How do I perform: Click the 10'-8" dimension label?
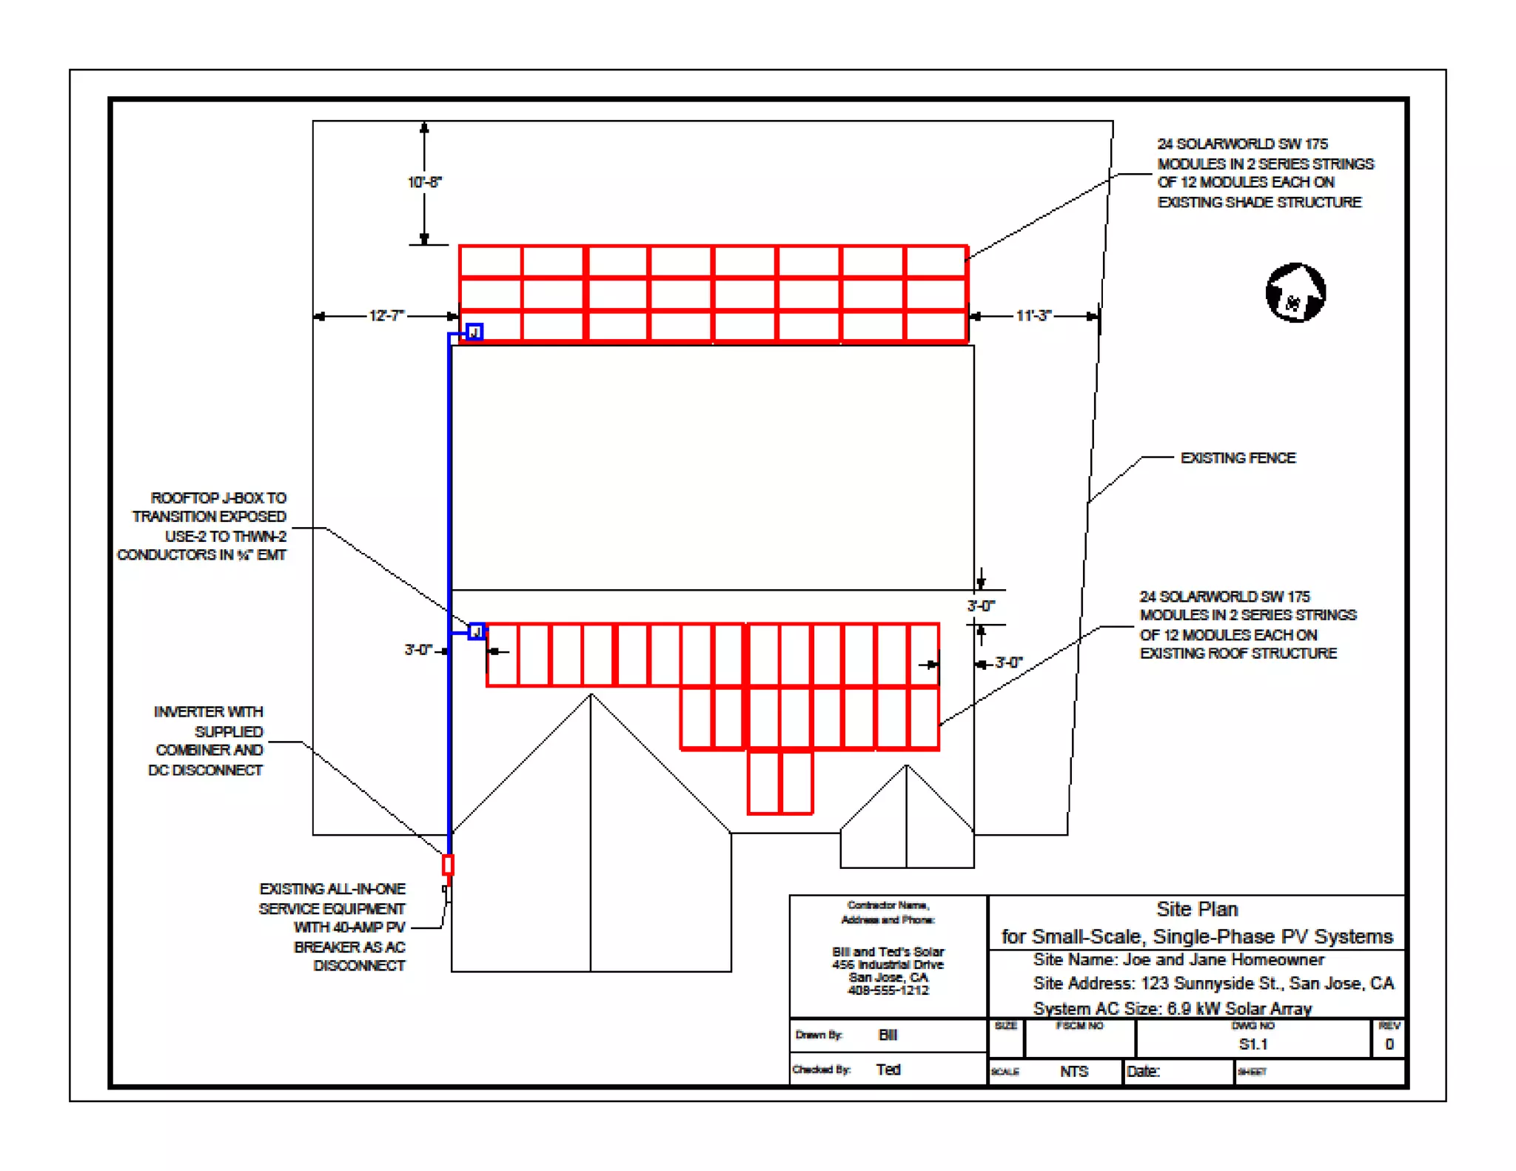pyautogui.click(x=424, y=182)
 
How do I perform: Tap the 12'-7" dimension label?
pyautogui.click(x=386, y=316)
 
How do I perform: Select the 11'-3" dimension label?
pyautogui.click(x=1033, y=316)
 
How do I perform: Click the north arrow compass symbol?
pyautogui.click(x=1295, y=293)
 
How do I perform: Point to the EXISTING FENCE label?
pyautogui.click(x=1238, y=458)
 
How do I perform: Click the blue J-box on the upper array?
pyautogui.click(x=474, y=332)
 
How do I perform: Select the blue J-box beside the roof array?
pyautogui.click(x=477, y=631)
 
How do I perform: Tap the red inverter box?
pyautogui.click(x=448, y=865)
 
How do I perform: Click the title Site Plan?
pyautogui.click(x=1197, y=910)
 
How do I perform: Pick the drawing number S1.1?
pyautogui.click(x=1253, y=1044)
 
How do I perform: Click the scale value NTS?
pyautogui.click(x=1073, y=1072)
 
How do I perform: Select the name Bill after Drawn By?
pyautogui.click(x=888, y=1035)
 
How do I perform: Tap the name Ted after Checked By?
pyautogui.click(x=888, y=1070)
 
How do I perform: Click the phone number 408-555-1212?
pyautogui.click(x=888, y=990)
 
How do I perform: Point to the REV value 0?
pyautogui.click(x=1389, y=1044)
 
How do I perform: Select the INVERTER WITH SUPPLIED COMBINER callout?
pyautogui.click(x=207, y=741)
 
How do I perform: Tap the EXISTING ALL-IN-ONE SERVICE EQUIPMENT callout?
pyautogui.click(x=332, y=927)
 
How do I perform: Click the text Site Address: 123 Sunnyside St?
pyautogui.click(x=1213, y=984)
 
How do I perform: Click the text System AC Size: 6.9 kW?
pyautogui.click(x=1172, y=1008)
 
